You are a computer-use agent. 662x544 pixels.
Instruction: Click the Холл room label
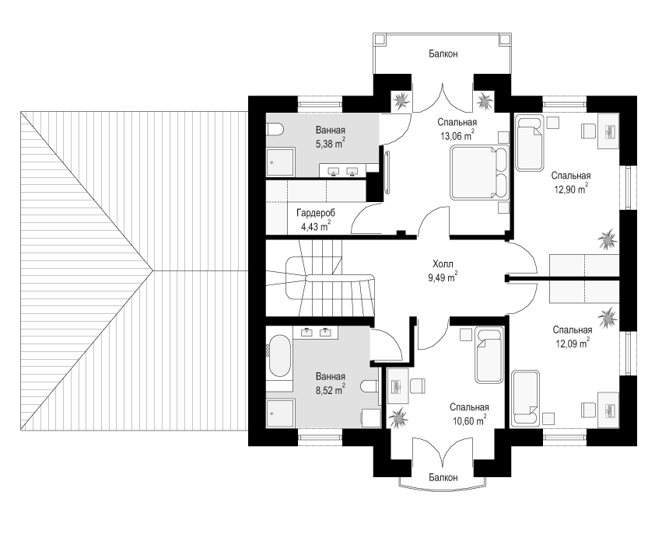tap(443, 264)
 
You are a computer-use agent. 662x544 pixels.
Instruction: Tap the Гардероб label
tap(316, 212)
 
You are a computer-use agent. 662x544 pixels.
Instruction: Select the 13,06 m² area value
tap(457, 136)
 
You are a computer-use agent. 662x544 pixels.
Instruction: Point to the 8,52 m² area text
tap(330, 390)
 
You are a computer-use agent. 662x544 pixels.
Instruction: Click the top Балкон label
tap(443, 54)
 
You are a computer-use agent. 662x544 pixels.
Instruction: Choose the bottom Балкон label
tap(443, 477)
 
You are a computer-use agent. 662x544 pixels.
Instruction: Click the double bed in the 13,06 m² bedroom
tap(479, 173)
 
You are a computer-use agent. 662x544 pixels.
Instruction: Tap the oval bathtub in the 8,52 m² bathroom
tap(279, 356)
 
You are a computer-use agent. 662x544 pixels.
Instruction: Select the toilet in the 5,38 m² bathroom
tap(274, 129)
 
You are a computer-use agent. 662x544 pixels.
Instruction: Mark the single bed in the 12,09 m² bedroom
tap(525, 398)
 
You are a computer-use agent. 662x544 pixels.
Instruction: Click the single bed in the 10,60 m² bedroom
tap(489, 354)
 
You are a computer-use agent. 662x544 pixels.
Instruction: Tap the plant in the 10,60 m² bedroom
tap(398, 418)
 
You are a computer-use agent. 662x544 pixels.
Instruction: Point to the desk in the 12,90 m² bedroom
tap(608, 131)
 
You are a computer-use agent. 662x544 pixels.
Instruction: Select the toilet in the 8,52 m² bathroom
tap(369, 386)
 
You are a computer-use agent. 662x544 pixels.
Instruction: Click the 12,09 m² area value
tap(573, 343)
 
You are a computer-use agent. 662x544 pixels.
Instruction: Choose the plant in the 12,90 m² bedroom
tap(608, 239)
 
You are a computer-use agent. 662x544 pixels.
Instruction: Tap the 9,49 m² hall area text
tap(443, 277)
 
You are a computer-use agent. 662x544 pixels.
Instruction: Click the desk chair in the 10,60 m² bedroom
tap(417, 385)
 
